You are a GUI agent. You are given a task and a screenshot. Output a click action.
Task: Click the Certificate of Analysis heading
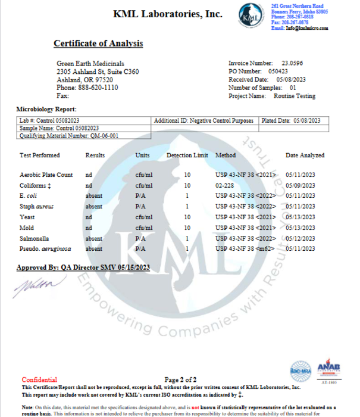98,43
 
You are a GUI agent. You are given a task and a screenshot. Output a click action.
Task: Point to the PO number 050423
280,71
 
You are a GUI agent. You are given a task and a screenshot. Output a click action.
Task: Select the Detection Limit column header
187,155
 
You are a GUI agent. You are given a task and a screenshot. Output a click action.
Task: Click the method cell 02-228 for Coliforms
225,185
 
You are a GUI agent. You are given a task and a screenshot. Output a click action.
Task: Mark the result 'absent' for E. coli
93,196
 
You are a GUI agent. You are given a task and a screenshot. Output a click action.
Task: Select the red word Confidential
39,379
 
